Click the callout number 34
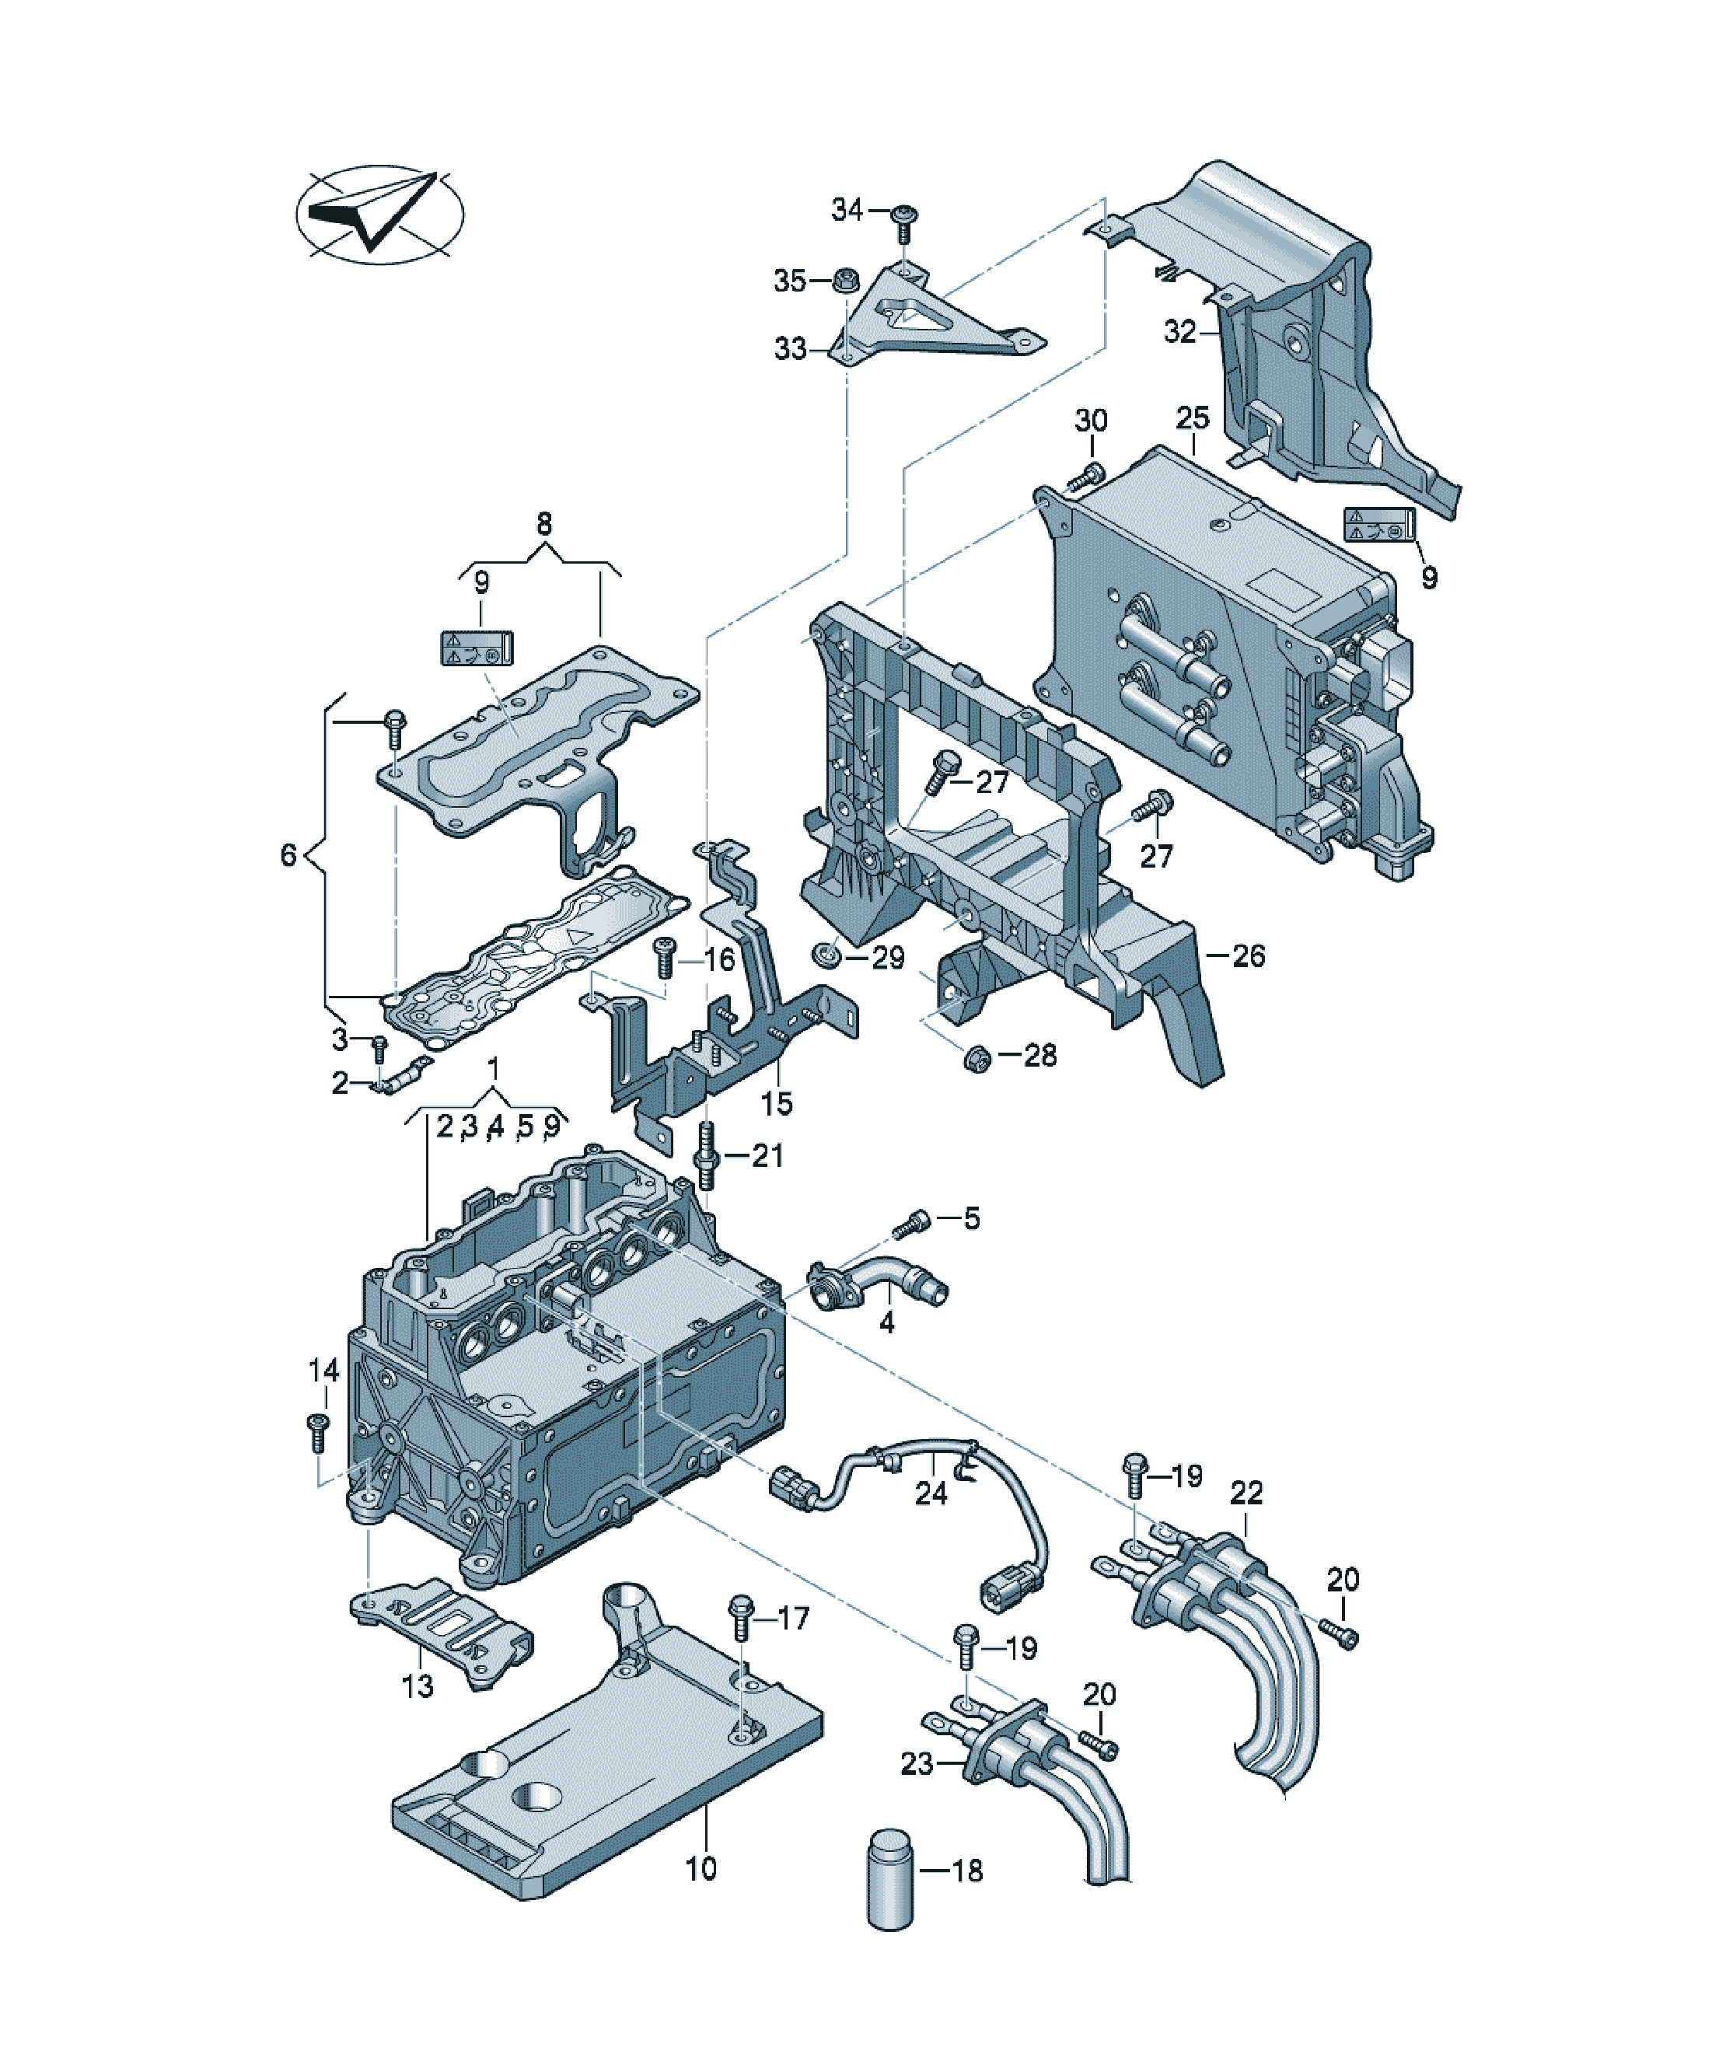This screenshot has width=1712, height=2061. click(847, 209)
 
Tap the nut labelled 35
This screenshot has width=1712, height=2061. click(842, 280)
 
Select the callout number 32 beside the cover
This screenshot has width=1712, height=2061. click(1181, 332)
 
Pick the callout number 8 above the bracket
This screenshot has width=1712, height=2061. click(543, 523)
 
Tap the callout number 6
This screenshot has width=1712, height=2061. click(288, 855)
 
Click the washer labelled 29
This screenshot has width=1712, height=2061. click(826, 954)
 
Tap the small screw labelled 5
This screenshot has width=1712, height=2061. click(909, 1223)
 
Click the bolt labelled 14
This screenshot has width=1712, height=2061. click(317, 1433)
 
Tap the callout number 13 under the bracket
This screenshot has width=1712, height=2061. click(418, 1686)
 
